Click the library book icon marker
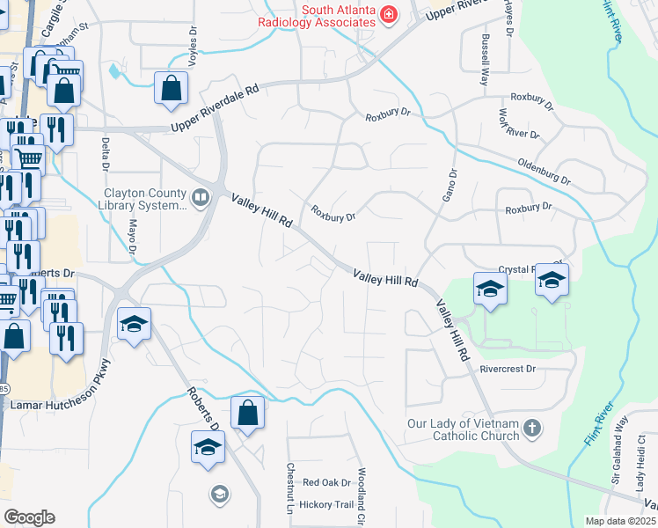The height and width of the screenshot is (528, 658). click(201, 198)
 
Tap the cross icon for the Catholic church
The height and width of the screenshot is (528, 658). click(530, 429)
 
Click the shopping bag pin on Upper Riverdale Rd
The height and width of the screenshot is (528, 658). click(171, 89)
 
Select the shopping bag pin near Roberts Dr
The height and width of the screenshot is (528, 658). click(247, 413)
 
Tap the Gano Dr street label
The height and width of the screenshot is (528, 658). click(449, 187)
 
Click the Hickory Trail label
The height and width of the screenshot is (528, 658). click(326, 504)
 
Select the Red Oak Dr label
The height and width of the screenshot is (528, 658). click(326, 482)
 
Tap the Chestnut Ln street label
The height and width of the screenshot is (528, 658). click(289, 488)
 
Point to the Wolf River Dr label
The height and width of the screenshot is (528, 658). click(517, 126)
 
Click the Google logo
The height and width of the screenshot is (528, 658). click(29, 517)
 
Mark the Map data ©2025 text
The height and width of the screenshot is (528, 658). click(620, 521)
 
